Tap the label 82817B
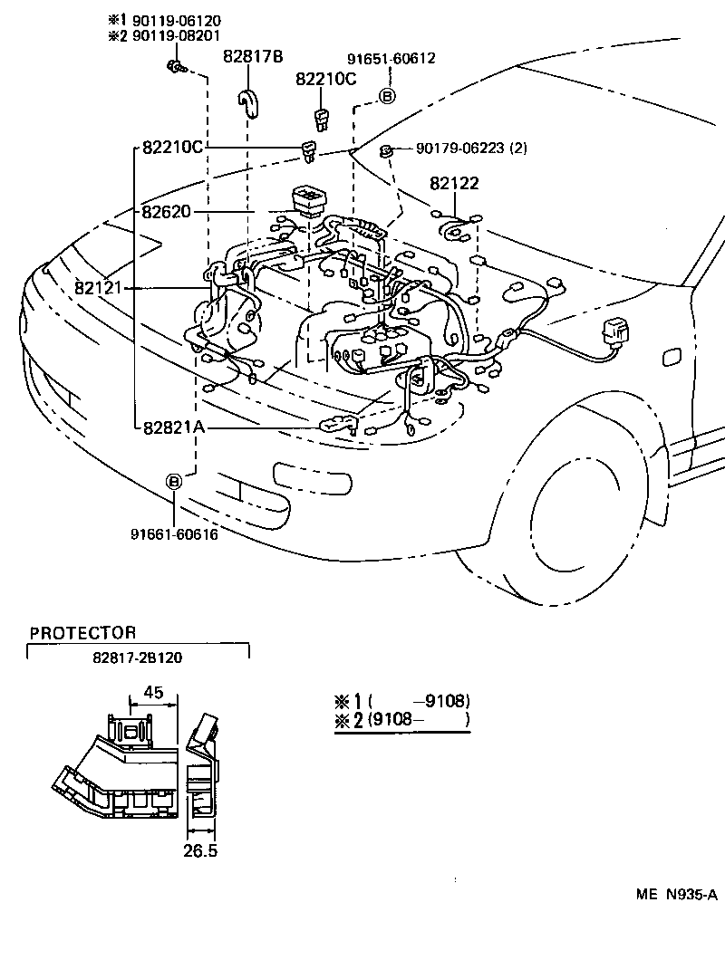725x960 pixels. coord(253,57)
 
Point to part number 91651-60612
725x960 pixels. coord(391,59)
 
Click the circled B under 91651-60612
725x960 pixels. coord(387,95)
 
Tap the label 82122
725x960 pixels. coord(454,184)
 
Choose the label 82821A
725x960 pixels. coord(173,427)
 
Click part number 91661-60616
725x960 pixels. coord(174,533)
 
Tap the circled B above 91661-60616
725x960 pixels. coord(174,482)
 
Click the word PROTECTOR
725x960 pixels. coord(82,633)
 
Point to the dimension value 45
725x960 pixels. coord(154,693)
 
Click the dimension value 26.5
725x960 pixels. coord(199,850)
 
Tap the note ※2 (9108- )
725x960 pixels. coord(401,721)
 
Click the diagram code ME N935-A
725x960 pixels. coord(676,895)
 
